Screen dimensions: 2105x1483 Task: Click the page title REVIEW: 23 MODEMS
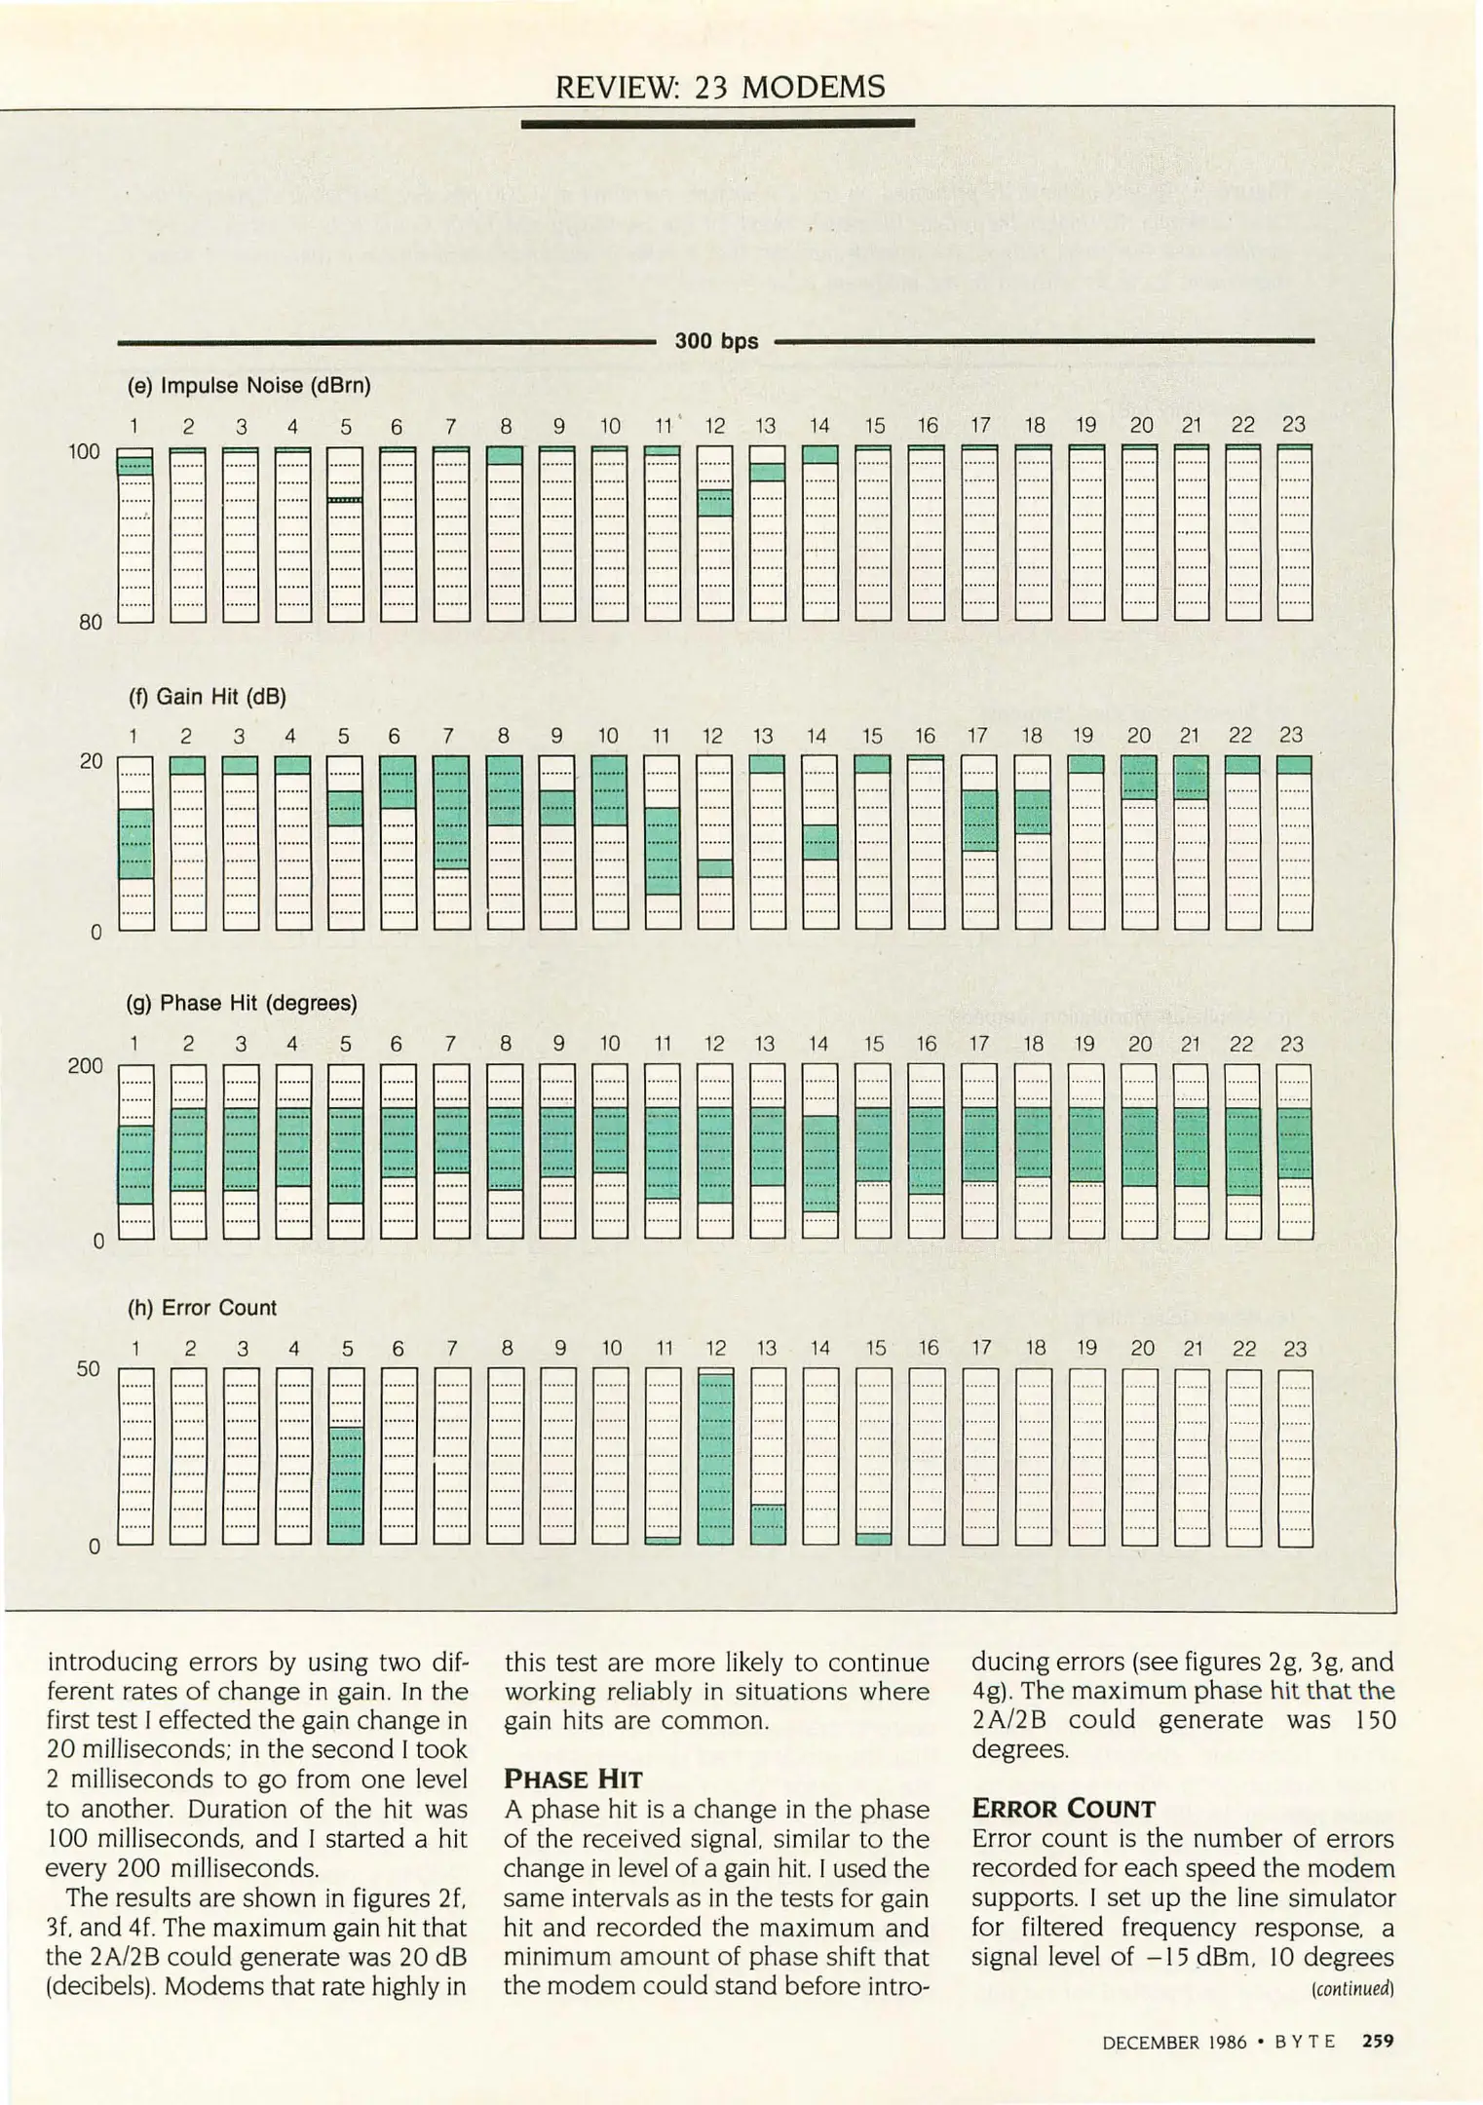[x=720, y=88]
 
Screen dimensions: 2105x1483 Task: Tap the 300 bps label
[x=716, y=341]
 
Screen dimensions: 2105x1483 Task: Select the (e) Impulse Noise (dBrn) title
[x=249, y=386]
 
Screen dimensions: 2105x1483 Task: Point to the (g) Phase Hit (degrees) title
[x=243, y=1003]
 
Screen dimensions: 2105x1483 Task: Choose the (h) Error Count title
[x=203, y=1308]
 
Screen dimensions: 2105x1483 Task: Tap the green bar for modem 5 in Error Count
[x=346, y=1485]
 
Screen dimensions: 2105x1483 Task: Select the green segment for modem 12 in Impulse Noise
[x=715, y=502]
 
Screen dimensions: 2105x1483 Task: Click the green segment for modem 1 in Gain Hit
[x=135, y=843]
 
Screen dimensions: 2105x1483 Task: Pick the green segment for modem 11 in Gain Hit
[x=663, y=850]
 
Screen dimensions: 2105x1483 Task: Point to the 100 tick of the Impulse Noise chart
[x=85, y=451]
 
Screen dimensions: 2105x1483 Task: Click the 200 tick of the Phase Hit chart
[x=85, y=1066]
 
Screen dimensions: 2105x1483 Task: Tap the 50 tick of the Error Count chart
[x=88, y=1369]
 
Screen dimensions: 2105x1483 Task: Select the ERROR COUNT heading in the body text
[x=1063, y=1809]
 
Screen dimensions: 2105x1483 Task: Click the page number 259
[x=1377, y=2040]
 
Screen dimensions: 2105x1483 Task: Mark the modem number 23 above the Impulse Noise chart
[x=1293, y=425]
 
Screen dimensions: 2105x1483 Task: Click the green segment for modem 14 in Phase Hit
[x=820, y=1163]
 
